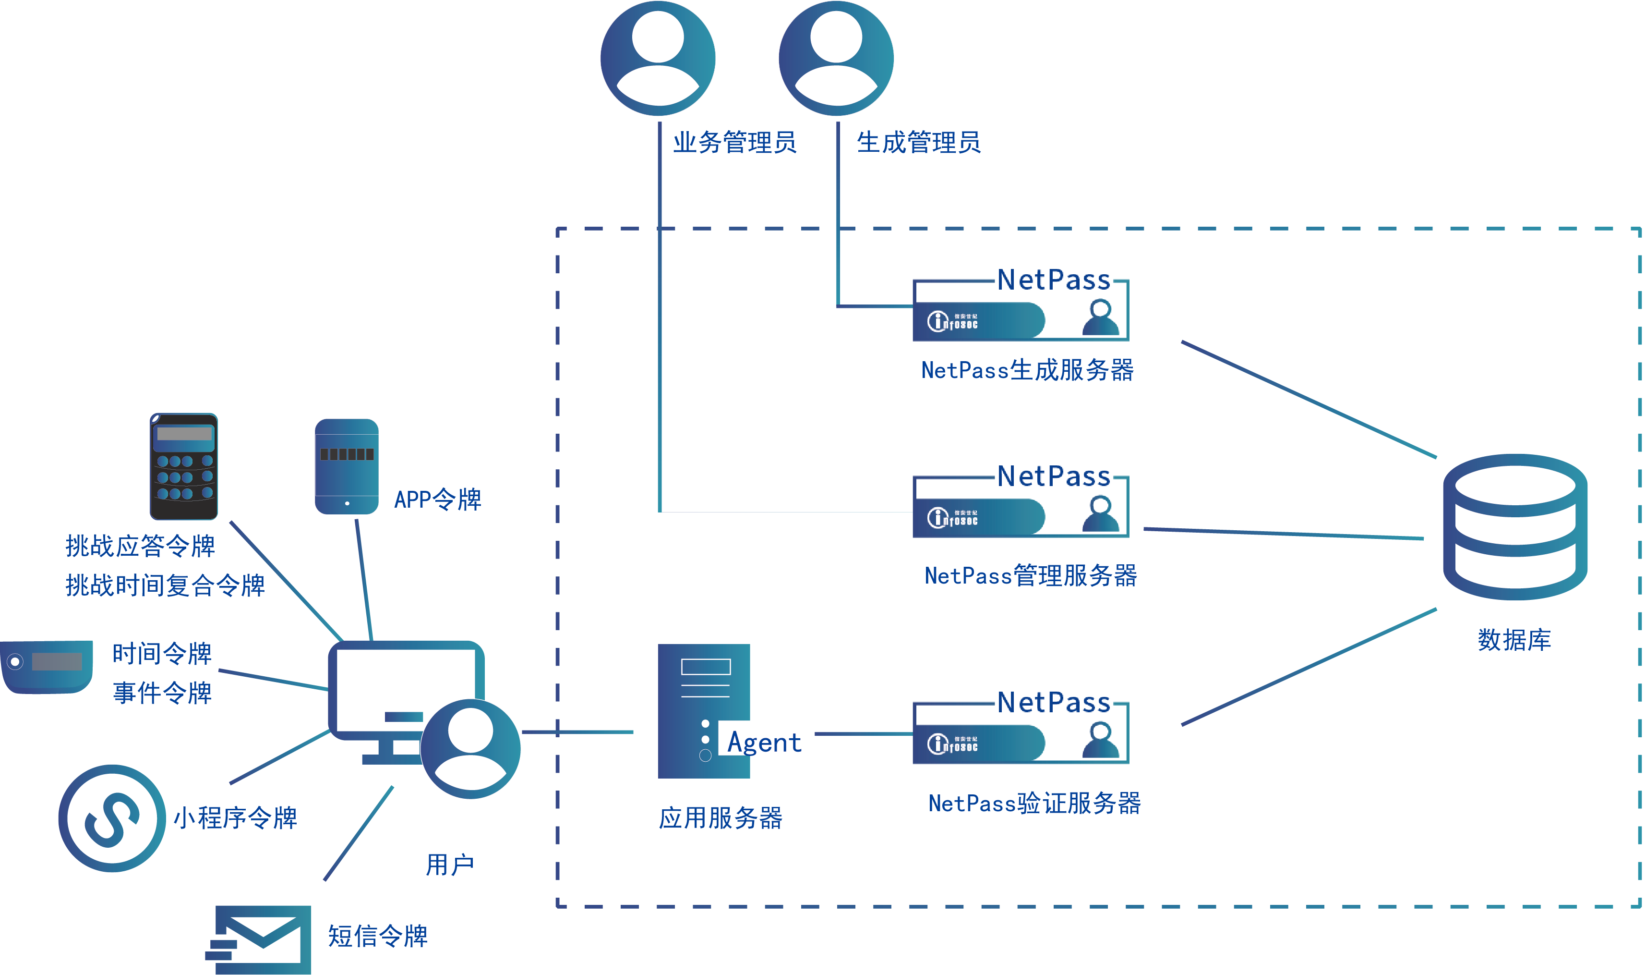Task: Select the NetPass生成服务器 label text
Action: coord(1028,370)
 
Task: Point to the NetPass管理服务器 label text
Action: coord(1030,575)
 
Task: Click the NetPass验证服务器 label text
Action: coord(1034,803)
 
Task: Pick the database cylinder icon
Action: coord(1514,526)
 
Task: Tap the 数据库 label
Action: coord(1514,639)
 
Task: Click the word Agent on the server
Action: coord(764,743)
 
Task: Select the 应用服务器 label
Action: coord(720,818)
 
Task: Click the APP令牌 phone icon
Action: coord(347,466)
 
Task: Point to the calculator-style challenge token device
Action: coord(184,466)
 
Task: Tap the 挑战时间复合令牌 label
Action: coord(165,585)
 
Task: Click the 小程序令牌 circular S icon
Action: coord(112,818)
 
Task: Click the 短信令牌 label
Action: coord(377,936)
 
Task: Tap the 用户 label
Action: coord(450,865)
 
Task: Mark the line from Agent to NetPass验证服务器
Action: coord(864,734)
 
